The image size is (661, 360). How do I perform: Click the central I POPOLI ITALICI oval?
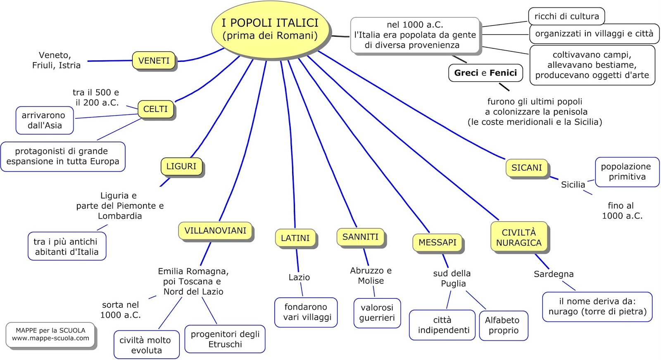click(x=270, y=29)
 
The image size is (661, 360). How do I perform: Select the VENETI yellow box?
click(x=154, y=61)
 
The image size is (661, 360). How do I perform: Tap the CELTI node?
click(x=155, y=109)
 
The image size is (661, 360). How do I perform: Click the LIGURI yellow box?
click(x=181, y=166)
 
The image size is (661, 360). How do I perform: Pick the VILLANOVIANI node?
click(x=215, y=231)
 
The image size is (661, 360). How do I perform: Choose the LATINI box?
click(x=295, y=238)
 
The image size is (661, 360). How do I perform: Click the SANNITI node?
click(x=360, y=237)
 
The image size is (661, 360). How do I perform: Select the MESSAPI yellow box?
click(x=437, y=242)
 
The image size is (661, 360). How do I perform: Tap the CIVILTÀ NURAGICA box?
click(x=518, y=237)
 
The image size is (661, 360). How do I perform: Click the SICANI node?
click(x=526, y=168)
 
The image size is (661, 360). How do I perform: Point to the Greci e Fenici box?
click(x=485, y=73)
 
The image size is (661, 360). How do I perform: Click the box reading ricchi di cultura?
click(x=566, y=17)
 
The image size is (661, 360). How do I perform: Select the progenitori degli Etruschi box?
click(x=225, y=339)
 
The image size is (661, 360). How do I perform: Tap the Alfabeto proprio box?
click(x=503, y=325)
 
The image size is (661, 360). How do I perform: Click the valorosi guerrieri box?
click(x=377, y=313)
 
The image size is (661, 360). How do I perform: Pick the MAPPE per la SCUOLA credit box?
click(x=50, y=334)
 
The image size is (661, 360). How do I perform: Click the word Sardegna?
click(x=553, y=274)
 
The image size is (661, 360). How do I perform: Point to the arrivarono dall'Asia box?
click(x=44, y=120)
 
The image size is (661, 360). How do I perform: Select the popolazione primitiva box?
click(x=627, y=172)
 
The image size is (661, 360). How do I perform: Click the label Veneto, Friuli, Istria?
click(x=56, y=60)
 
